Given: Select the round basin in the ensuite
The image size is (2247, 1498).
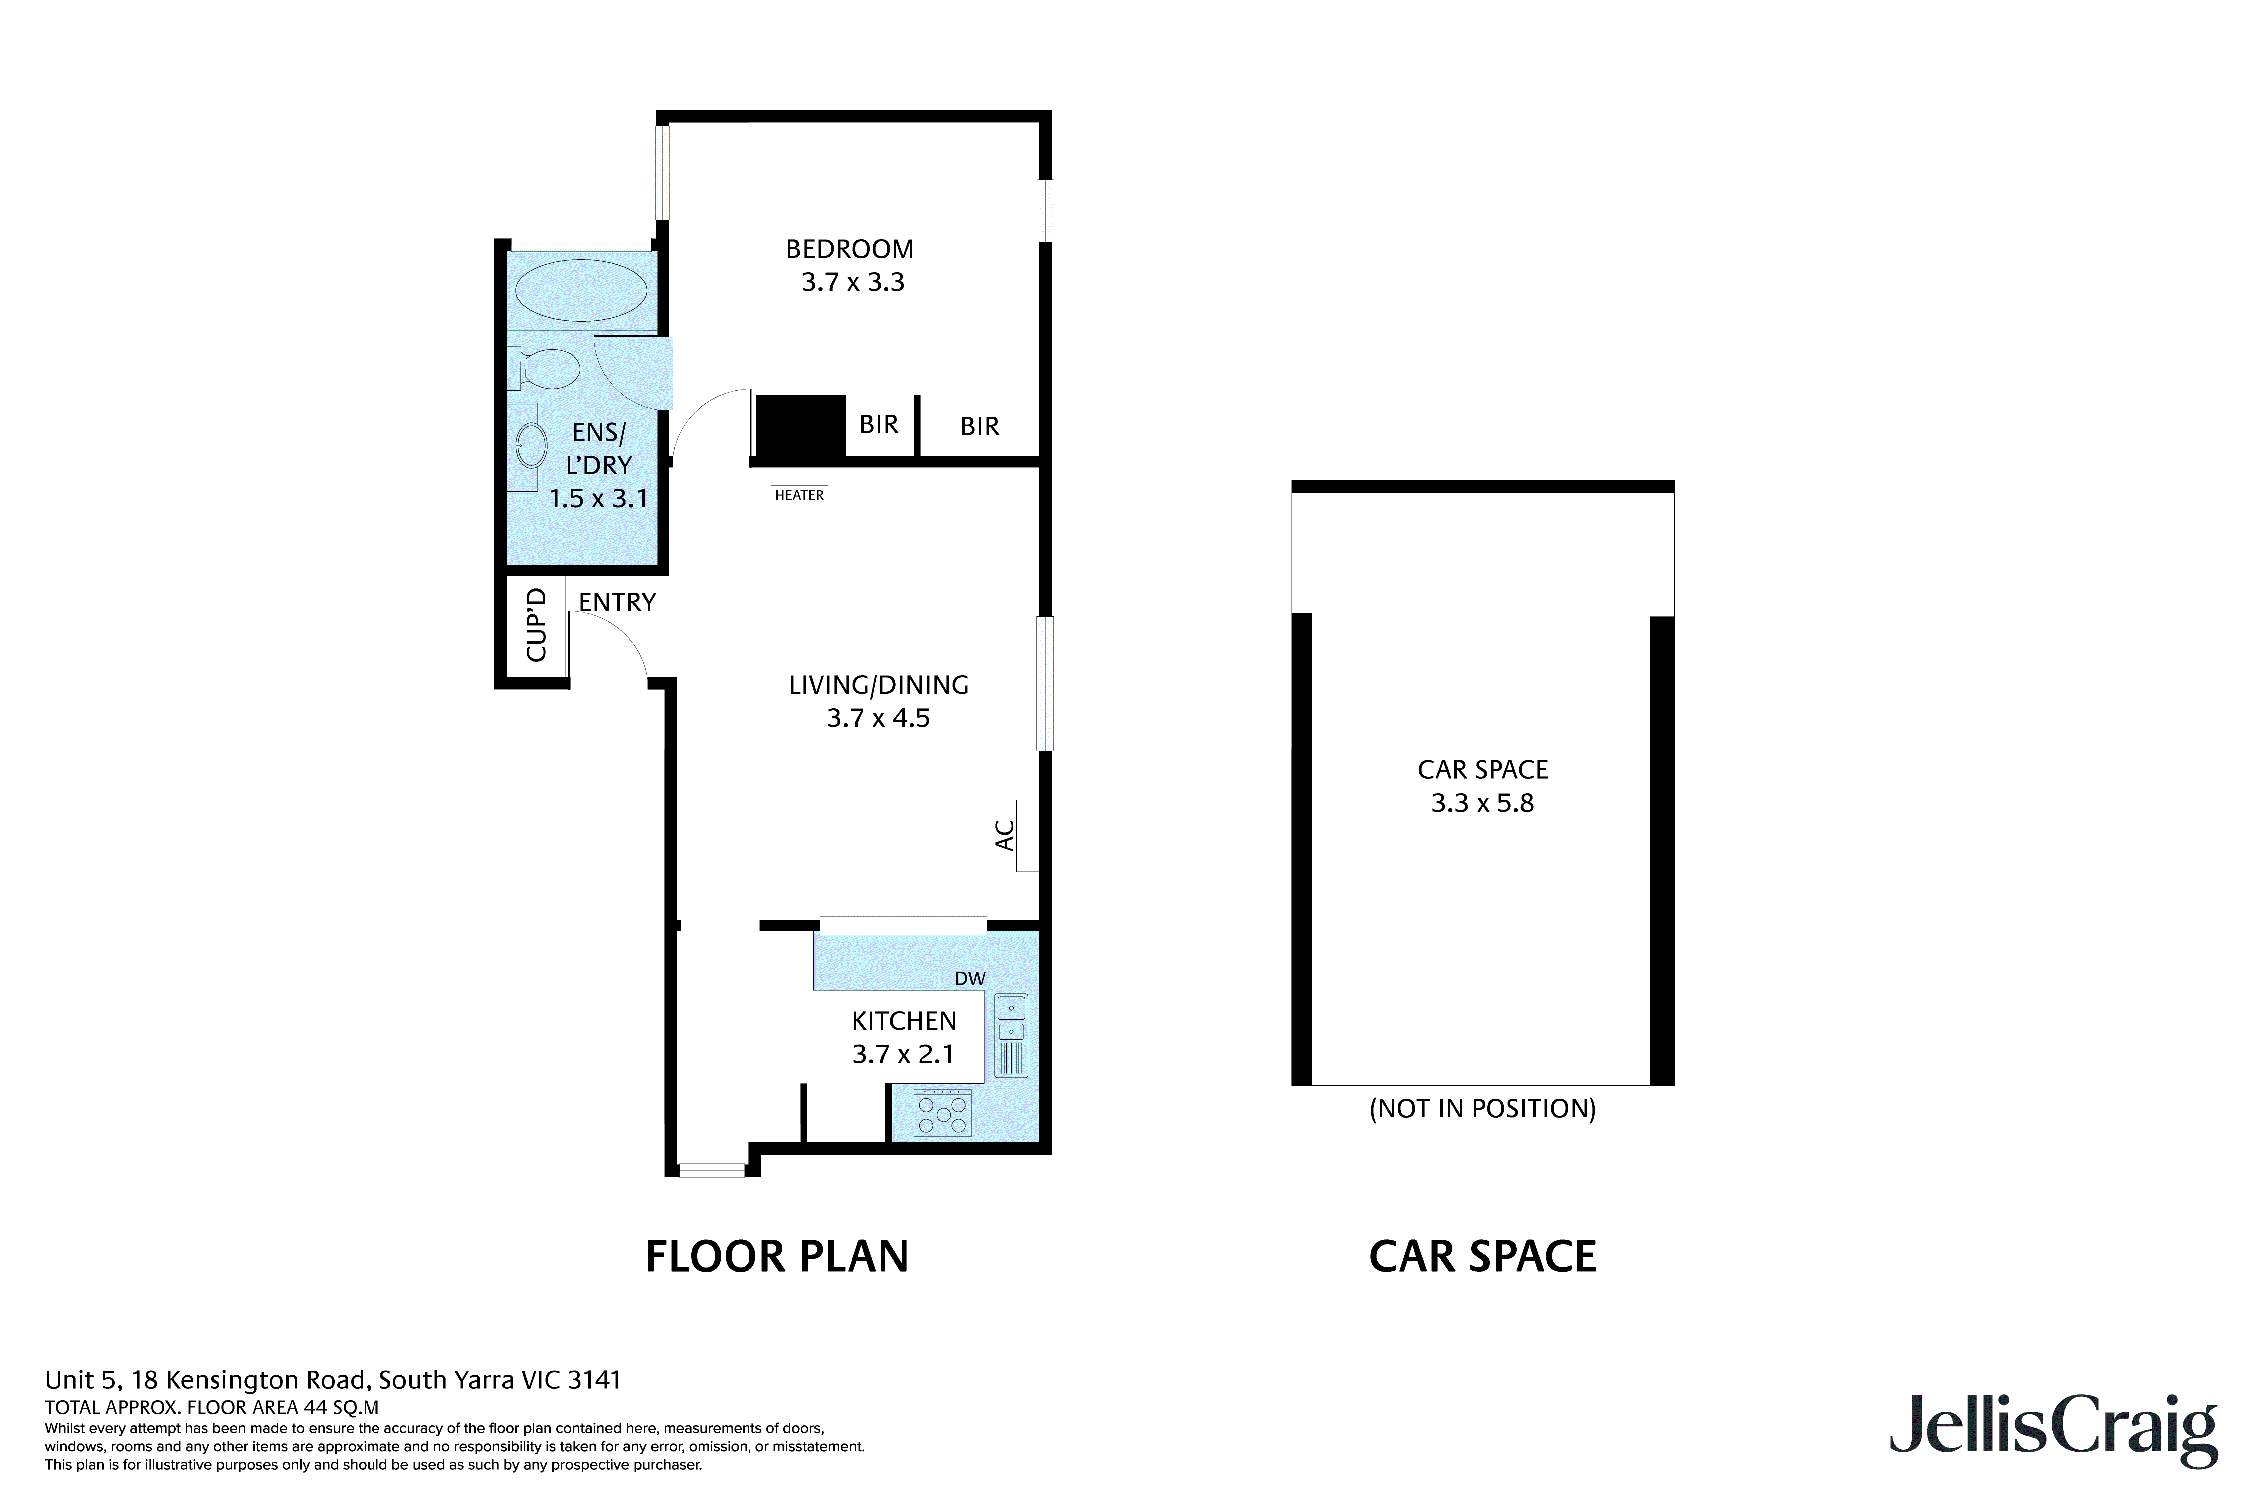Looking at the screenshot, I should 531,445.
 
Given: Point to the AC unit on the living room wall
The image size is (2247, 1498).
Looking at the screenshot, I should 1027,835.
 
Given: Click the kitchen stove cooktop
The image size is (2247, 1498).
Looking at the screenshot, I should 942,1113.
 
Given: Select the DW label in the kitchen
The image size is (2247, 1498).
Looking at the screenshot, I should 970,978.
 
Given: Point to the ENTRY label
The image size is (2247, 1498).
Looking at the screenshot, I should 617,602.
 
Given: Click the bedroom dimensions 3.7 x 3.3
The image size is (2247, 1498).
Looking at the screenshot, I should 852,282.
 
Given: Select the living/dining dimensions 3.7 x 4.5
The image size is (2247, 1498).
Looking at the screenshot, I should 878,718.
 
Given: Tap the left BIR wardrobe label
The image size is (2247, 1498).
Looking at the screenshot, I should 879,424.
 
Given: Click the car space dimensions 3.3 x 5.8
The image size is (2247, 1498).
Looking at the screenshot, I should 1482,803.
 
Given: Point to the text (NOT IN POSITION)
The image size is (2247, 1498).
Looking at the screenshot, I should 1482,1108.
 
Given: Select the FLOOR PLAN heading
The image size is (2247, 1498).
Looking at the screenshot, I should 776,1256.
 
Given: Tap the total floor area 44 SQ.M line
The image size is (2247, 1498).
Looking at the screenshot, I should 212,1407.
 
